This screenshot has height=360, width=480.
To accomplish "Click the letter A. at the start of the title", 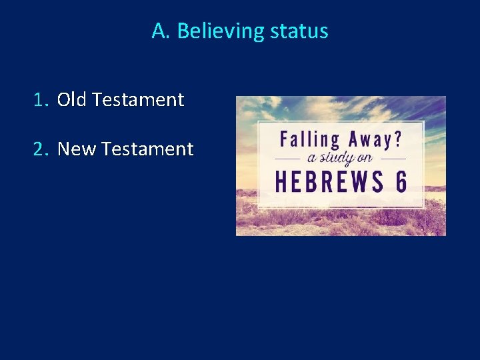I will (161, 31).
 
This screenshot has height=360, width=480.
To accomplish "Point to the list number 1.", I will (41, 100).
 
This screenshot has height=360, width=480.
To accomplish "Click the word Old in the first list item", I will (72, 100).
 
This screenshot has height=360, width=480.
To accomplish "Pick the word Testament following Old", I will (138, 100).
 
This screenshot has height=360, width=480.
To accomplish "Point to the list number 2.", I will (41, 149).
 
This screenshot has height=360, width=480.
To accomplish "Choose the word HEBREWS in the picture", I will (327, 181).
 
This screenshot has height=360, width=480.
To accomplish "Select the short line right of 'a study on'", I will (393, 160).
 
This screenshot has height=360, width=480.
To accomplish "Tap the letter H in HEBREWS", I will (282, 181).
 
